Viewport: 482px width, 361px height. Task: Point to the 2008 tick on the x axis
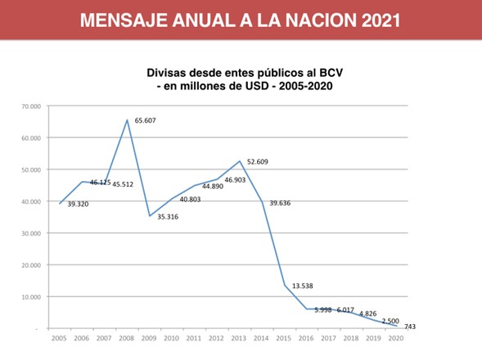[x=127, y=337]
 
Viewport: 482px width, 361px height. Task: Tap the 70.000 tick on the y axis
[x=31, y=106]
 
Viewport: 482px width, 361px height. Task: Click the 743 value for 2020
[x=410, y=327]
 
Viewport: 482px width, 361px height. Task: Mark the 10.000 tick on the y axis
[x=31, y=297]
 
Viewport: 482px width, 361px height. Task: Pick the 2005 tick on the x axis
[x=59, y=337]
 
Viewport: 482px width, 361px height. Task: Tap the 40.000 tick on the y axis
[x=31, y=201]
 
